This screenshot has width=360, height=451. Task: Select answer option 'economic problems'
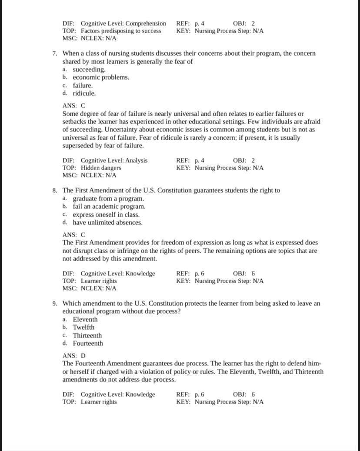tap(100, 77)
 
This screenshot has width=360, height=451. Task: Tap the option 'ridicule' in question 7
tap(84, 93)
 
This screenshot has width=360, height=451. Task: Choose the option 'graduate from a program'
tap(108, 199)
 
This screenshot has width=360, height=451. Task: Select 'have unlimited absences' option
tap(107, 222)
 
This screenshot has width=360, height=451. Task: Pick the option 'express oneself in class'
tap(106, 214)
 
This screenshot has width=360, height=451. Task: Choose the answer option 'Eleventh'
tap(85, 319)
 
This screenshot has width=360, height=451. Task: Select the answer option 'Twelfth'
tap(83, 327)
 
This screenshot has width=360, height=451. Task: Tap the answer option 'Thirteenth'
tap(87, 335)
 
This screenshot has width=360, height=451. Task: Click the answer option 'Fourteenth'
tap(88, 343)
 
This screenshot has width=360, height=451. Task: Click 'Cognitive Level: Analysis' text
tap(114, 160)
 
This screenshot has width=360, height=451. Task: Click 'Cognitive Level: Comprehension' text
tap(123, 23)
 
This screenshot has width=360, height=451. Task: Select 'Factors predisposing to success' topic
tap(121, 31)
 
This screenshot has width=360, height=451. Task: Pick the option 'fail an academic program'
tap(109, 207)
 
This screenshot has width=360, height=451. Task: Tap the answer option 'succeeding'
tap(89, 70)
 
